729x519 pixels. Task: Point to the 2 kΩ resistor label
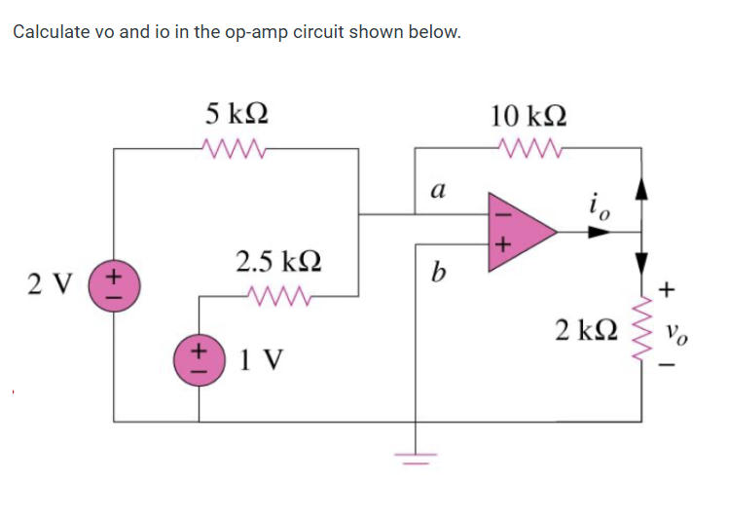pyautogui.click(x=585, y=328)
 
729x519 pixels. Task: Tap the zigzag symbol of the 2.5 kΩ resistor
pyautogui.click(x=275, y=293)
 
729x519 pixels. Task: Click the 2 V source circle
pyautogui.click(x=113, y=287)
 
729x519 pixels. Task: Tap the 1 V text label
pyautogui.click(x=261, y=359)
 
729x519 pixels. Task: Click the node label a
pyautogui.click(x=437, y=190)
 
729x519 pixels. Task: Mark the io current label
pyautogui.click(x=598, y=205)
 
